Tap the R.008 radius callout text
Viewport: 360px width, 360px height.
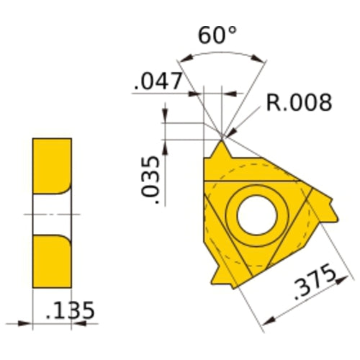point(299,103)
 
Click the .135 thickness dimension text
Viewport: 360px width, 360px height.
point(69,311)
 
